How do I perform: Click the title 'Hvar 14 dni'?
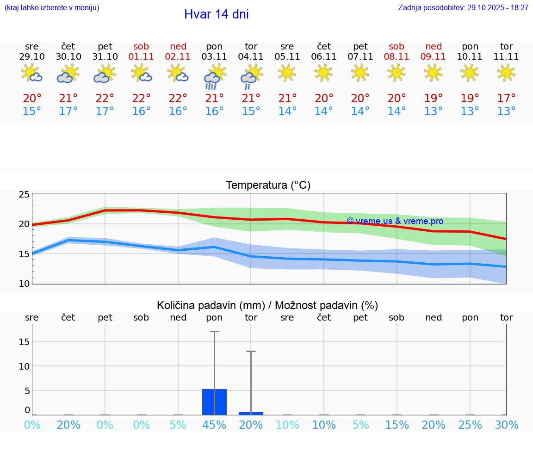coord(216,14)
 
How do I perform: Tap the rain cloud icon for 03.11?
coord(215,77)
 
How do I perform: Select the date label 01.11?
coord(142,57)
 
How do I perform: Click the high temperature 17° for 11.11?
coord(506,99)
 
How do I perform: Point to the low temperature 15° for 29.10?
coord(32,111)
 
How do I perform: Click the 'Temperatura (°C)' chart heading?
coord(268,185)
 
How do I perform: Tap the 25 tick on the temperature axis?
coord(24,194)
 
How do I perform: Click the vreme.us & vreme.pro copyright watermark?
coord(395,221)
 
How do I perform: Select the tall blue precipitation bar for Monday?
coord(215,402)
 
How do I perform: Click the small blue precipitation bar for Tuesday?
coord(251,413)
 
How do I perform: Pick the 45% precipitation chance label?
coord(215,425)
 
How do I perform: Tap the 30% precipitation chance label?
coord(506,425)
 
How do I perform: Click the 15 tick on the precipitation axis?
coord(24,342)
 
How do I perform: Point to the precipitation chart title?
coord(267,305)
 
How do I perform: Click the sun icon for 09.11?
coord(433,72)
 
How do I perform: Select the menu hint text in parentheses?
coord(52,8)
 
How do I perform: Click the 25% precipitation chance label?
coord(470,425)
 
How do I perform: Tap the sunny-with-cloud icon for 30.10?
coord(68,74)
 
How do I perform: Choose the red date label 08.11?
coord(397,57)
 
